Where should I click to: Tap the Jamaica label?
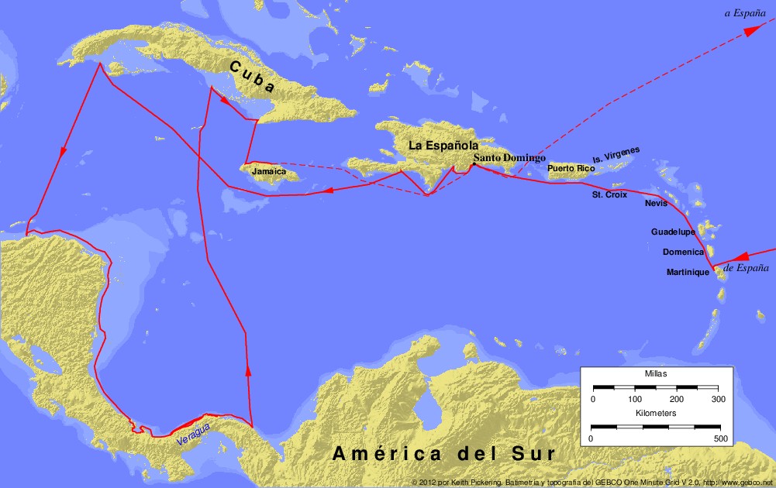click(x=269, y=171)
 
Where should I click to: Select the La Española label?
click(x=443, y=145)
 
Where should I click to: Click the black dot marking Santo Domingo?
click(x=474, y=164)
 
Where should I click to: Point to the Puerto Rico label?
click(x=571, y=168)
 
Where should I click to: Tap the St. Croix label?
click(x=609, y=194)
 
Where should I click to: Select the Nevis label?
click(x=655, y=204)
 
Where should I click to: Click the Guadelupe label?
click(x=673, y=232)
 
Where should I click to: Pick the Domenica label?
click(x=683, y=252)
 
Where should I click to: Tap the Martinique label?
click(x=688, y=272)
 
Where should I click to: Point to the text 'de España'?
click(x=746, y=268)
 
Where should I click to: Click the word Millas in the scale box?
click(x=656, y=373)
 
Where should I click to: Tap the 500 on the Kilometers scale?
click(x=719, y=438)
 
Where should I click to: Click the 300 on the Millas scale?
click(x=718, y=399)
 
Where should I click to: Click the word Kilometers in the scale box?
click(x=655, y=414)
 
